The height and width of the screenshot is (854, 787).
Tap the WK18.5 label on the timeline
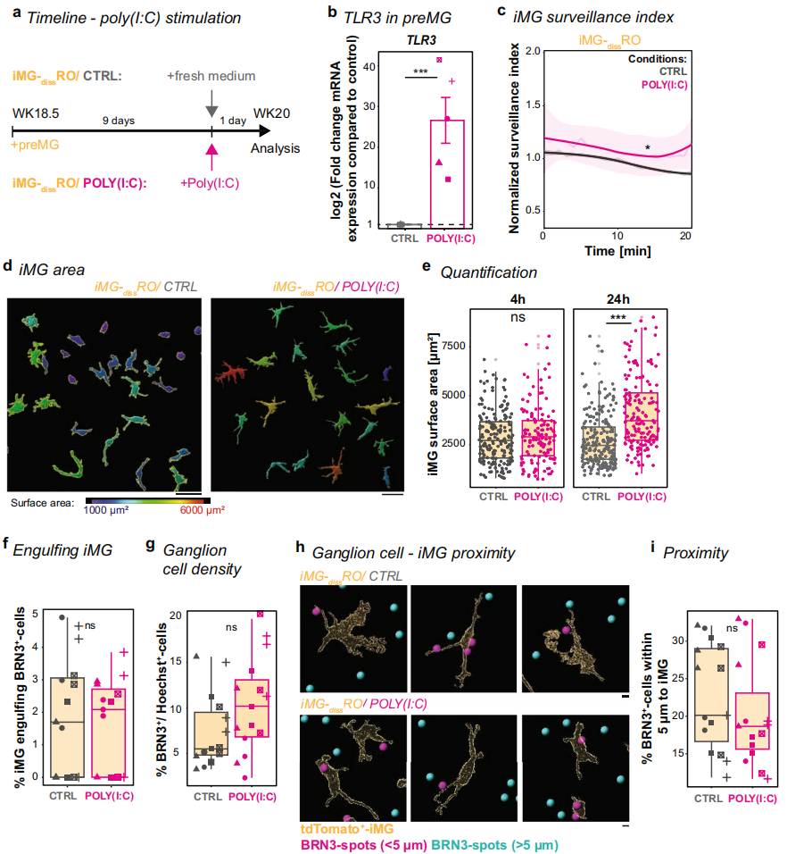[x=33, y=113]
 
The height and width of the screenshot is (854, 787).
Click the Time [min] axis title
[x=616, y=252]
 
